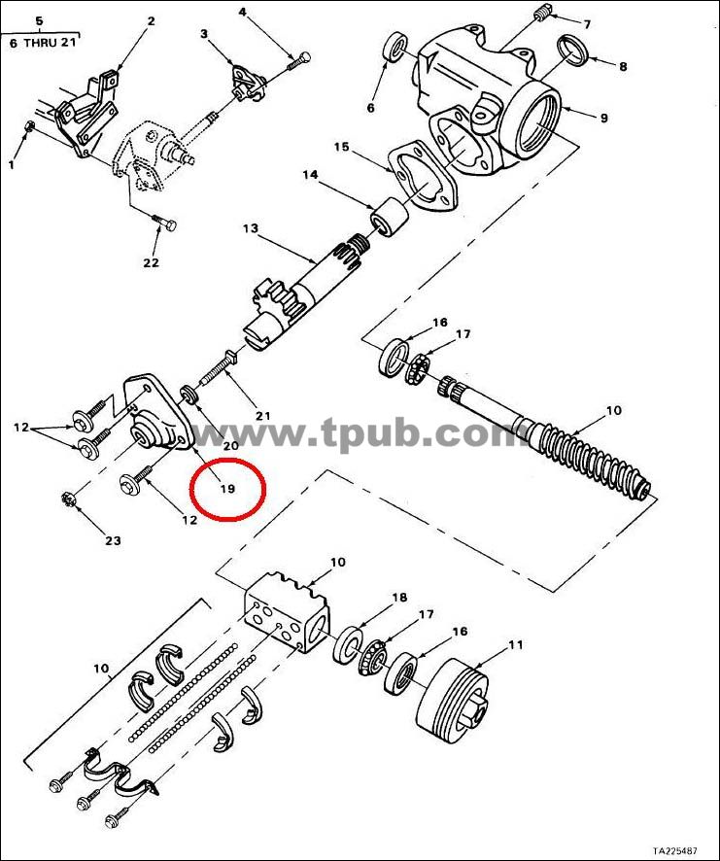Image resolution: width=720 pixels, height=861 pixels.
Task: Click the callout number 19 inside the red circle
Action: point(227,488)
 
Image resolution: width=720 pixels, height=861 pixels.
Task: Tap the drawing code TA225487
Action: point(680,850)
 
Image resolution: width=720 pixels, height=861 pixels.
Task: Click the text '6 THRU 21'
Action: point(43,43)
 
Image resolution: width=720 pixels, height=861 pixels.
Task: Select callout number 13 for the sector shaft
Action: point(251,227)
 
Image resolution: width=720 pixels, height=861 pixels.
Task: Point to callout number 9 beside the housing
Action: point(603,118)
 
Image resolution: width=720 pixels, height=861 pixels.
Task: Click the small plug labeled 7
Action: point(541,13)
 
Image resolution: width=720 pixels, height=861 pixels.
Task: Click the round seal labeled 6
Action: point(394,49)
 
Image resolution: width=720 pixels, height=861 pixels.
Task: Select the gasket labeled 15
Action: point(423,177)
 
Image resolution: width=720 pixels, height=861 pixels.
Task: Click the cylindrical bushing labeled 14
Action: point(389,217)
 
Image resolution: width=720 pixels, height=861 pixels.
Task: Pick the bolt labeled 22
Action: point(163,224)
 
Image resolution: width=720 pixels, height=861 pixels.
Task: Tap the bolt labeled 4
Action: point(298,61)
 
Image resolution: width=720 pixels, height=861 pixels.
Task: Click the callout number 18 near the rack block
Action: point(399,598)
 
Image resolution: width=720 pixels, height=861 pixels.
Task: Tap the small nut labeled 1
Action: point(31,126)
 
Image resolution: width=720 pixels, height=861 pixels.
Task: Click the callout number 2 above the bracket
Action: point(151,21)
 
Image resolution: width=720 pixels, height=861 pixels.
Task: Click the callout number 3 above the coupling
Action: point(204,34)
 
